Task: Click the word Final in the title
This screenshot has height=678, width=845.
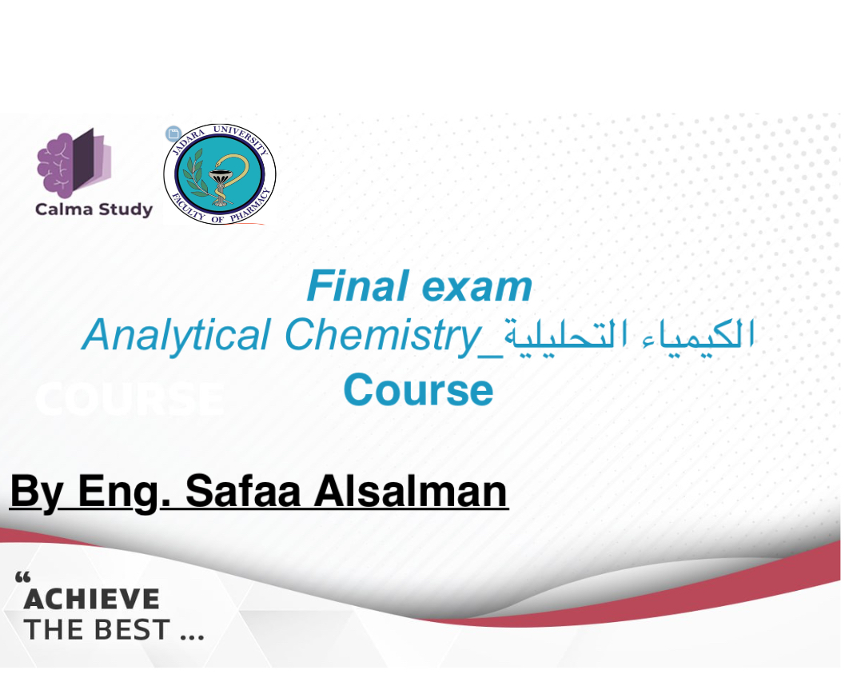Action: (357, 286)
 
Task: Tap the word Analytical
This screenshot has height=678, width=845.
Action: (176, 336)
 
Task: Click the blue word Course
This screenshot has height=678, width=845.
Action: (418, 389)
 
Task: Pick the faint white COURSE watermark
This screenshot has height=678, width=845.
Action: (130, 399)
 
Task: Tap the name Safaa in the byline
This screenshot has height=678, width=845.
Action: (242, 491)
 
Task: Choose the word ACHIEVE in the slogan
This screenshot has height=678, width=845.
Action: (92, 600)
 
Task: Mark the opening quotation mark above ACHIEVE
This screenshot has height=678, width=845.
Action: (22, 579)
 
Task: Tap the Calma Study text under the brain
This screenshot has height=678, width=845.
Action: (94, 209)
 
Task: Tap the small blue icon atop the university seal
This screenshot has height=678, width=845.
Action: (173, 133)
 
